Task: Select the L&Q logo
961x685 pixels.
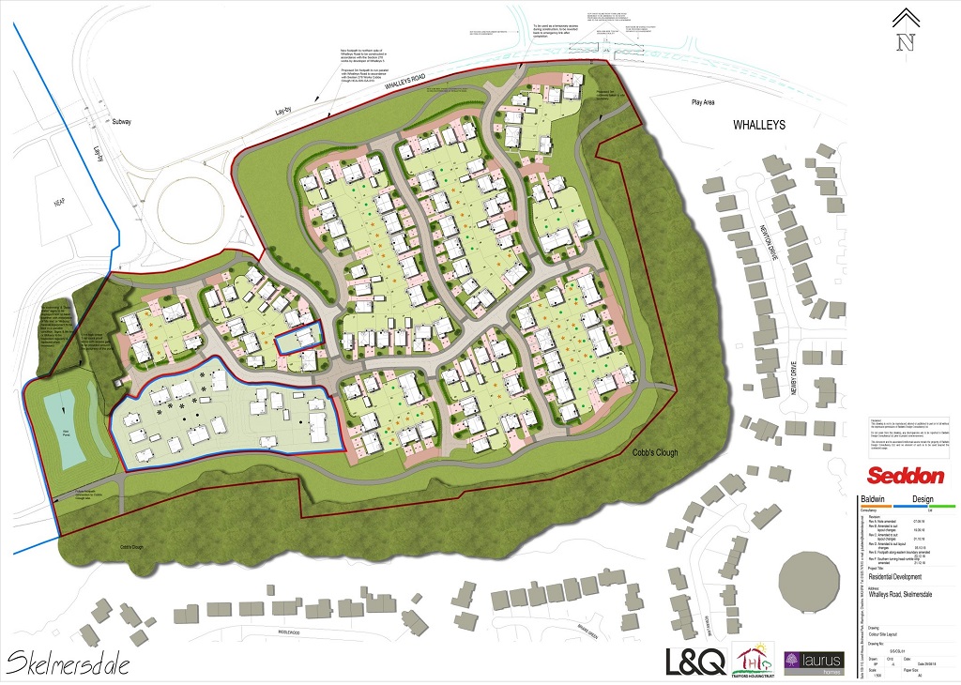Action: (x=695, y=661)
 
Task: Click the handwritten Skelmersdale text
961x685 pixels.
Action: (x=68, y=663)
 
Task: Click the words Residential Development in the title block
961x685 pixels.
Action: (x=894, y=577)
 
